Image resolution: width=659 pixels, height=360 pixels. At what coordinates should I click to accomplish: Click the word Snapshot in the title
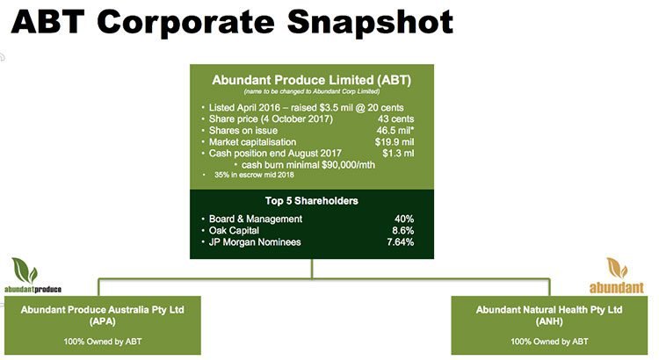coord(370,23)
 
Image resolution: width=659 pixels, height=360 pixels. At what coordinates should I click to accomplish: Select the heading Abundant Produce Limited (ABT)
coord(311,80)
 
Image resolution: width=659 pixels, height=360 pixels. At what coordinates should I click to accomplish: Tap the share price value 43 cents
coord(395,119)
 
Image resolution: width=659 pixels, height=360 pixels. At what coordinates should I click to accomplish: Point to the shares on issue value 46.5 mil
coord(395,130)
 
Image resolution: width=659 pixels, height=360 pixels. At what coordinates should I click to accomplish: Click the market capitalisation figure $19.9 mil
coord(395,142)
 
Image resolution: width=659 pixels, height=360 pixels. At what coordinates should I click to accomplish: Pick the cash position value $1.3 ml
coord(398,154)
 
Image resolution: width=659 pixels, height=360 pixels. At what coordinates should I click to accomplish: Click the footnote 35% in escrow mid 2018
coord(254,175)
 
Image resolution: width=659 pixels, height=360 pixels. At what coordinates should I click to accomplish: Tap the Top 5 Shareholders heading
coord(311,201)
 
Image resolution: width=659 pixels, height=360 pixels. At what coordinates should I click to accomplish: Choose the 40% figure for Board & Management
coord(404,219)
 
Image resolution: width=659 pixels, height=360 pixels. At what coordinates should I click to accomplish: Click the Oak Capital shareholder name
coord(234,231)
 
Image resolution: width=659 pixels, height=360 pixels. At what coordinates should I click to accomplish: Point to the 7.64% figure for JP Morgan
coord(400,242)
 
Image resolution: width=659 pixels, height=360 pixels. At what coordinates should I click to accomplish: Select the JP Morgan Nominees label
coord(255,242)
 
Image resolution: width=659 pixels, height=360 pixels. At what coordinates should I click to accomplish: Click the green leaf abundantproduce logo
coord(33,276)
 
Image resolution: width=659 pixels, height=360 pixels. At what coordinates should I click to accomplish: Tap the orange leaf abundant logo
coord(616,276)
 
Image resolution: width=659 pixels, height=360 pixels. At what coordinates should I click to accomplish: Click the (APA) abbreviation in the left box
coord(102,321)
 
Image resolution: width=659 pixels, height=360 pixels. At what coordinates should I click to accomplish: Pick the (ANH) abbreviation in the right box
coord(549,321)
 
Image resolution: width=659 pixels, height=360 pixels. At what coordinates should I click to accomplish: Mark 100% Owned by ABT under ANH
coord(549,342)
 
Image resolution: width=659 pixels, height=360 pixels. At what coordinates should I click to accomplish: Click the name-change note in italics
coord(311,91)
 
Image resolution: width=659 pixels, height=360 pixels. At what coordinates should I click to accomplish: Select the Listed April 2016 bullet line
coord(306,107)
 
